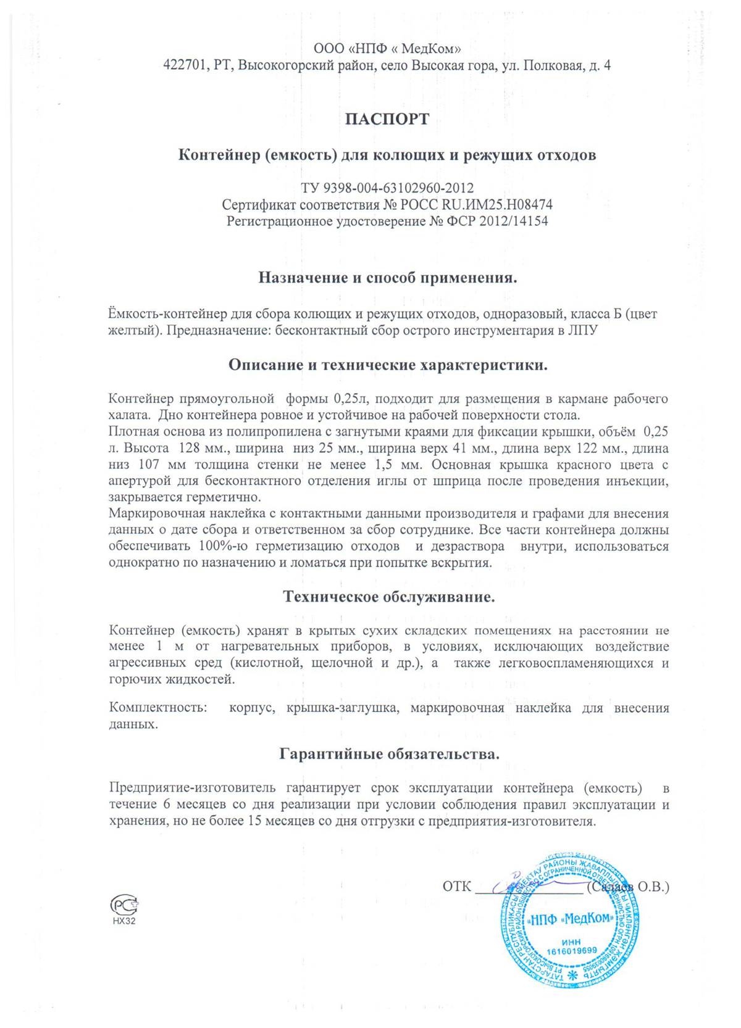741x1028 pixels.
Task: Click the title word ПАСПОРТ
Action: click(x=387, y=119)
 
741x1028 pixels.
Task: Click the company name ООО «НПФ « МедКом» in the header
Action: click(x=387, y=48)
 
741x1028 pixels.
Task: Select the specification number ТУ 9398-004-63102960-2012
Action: click(x=387, y=188)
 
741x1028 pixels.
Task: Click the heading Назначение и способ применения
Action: click(x=387, y=278)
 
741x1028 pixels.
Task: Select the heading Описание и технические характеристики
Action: click(x=388, y=365)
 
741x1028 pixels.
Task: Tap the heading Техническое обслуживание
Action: click(x=388, y=597)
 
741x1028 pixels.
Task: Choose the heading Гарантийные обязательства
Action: click(x=389, y=753)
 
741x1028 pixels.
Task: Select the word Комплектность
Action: click(x=158, y=708)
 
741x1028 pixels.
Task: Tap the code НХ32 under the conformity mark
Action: click(x=124, y=921)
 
